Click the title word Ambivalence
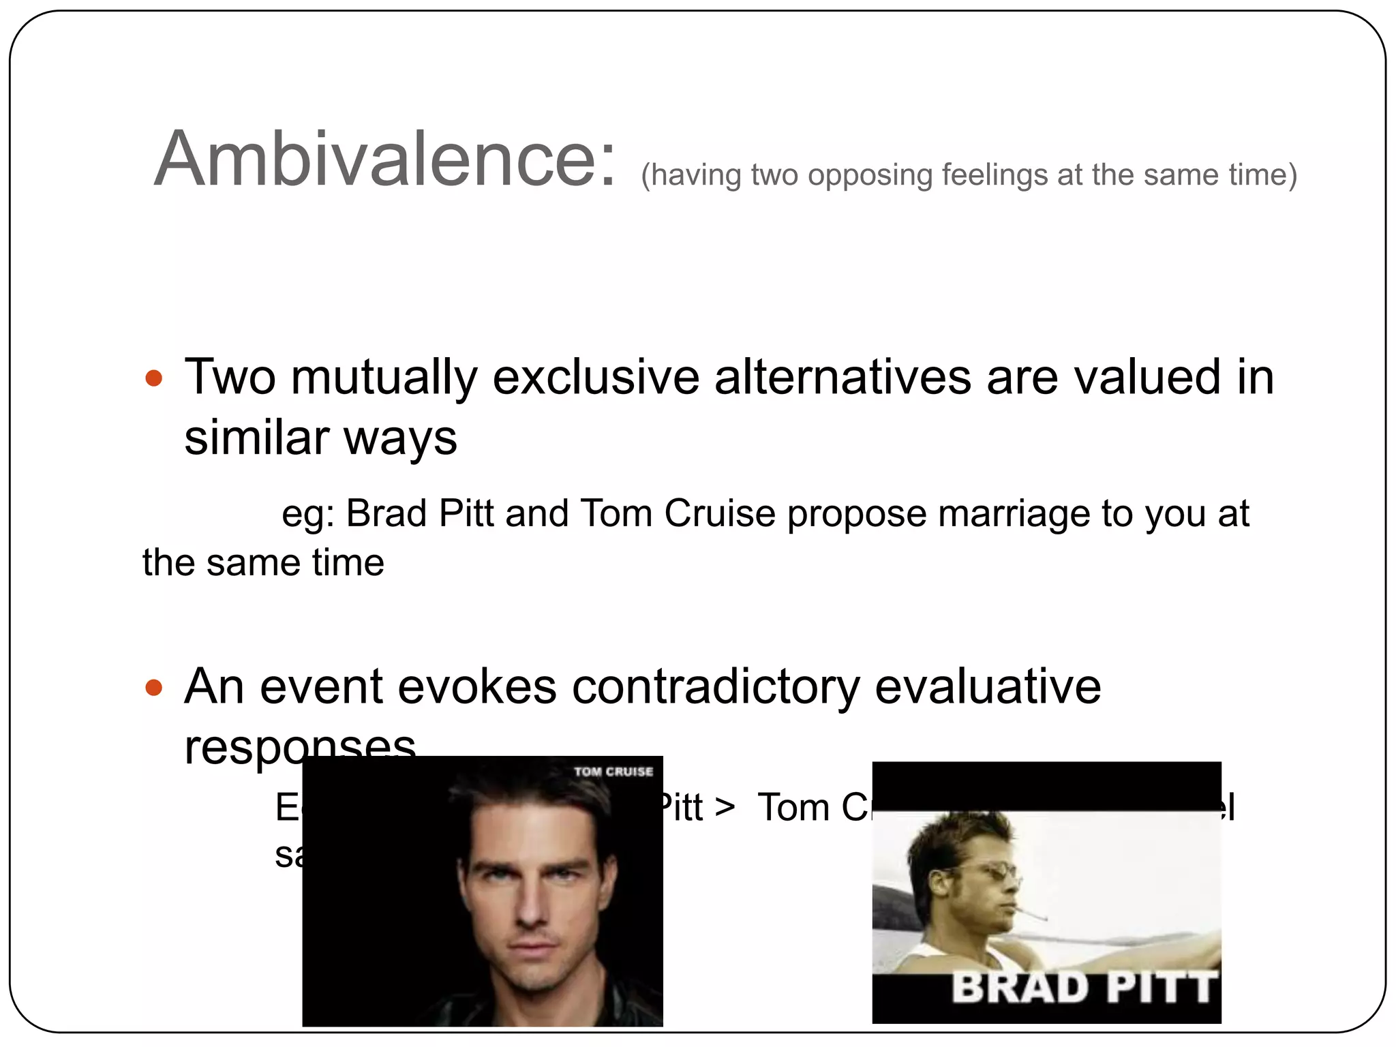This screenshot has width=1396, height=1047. click(385, 160)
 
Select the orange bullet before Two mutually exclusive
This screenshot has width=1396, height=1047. click(154, 378)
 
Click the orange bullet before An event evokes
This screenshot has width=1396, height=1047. click(154, 688)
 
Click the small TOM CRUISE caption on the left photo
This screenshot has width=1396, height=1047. click(613, 772)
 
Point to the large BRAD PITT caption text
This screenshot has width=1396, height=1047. click(1084, 988)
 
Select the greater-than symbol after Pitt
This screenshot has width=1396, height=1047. click(725, 808)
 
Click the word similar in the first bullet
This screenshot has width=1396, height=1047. click(256, 438)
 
